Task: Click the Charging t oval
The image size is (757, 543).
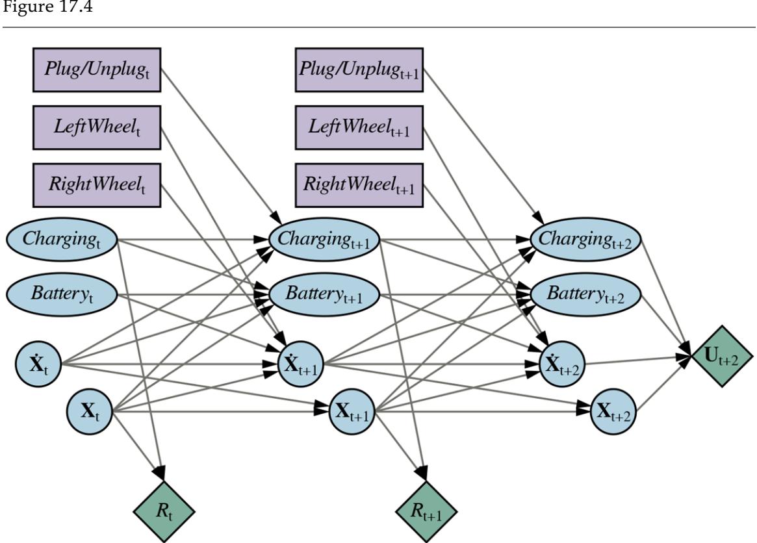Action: [x=62, y=238]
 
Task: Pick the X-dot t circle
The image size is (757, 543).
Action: [x=38, y=362]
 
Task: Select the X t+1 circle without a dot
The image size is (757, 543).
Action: [x=352, y=411]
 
